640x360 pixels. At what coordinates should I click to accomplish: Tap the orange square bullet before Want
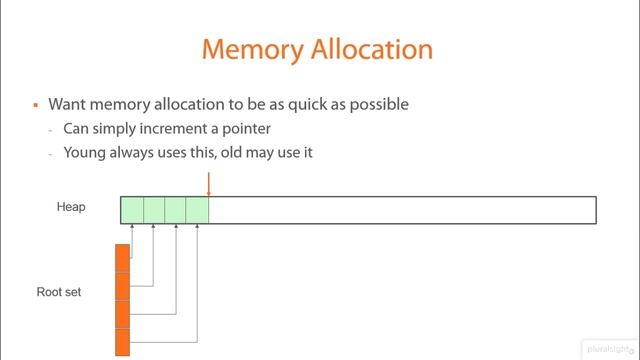click(35, 104)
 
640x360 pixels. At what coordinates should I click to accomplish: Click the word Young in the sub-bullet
click(84, 153)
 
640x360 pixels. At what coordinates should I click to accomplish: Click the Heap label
click(71, 207)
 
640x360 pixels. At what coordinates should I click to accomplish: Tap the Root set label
click(58, 292)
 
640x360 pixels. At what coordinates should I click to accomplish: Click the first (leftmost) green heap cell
click(132, 210)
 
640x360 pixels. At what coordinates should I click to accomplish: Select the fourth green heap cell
click(197, 210)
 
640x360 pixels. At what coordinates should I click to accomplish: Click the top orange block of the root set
click(122, 258)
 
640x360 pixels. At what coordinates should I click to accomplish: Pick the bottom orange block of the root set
click(122, 342)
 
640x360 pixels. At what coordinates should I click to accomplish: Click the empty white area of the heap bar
click(400, 210)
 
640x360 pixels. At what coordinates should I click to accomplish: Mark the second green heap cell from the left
click(154, 210)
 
